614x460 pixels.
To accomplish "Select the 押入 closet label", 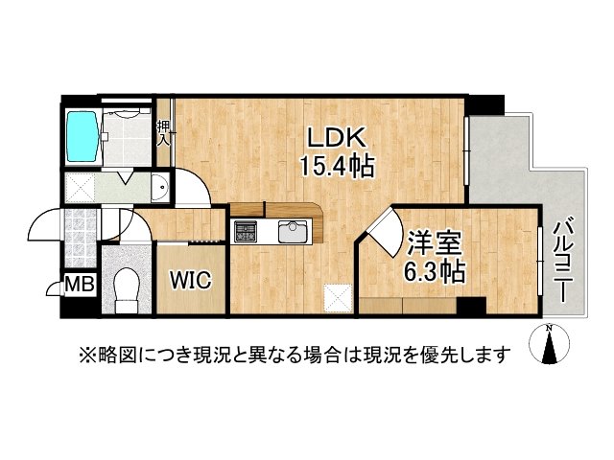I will point(164,131).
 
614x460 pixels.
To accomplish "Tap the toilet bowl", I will point(126,286).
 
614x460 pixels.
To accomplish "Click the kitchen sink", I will point(293,232).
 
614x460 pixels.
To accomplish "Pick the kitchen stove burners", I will point(247,232).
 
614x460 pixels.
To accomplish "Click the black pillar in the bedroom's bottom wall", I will point(469,307).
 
